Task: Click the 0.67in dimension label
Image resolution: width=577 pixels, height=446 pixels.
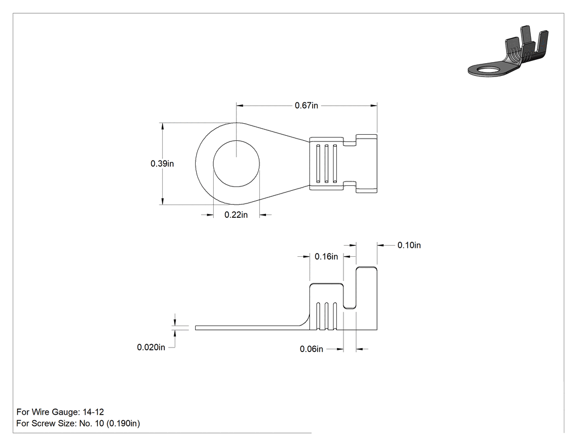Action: point(306,106)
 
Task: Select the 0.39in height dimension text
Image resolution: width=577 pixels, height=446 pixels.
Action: point(162,163)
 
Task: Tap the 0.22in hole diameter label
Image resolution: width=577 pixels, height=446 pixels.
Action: point(236,214)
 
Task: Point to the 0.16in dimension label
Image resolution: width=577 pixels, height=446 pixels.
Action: point(326,256)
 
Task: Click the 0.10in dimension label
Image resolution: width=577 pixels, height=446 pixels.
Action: point(409,245)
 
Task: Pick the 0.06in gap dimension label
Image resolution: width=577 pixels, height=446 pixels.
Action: point(312,349)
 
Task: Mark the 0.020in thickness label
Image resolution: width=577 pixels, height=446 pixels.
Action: point(151,348)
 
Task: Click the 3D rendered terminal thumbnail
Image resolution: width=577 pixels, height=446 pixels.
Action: point(508,52)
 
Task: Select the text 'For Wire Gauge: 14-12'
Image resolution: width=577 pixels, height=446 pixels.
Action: point(60,412)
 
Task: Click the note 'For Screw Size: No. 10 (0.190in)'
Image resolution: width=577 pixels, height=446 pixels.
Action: point(78,423)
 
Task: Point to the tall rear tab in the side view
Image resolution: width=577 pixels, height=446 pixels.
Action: point(367,298)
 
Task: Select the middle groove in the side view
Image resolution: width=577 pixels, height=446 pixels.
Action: point(326,316)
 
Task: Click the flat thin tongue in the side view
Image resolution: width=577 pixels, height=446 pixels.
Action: point(250,328)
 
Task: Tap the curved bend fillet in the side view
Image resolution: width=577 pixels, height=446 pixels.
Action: point(306,321)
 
